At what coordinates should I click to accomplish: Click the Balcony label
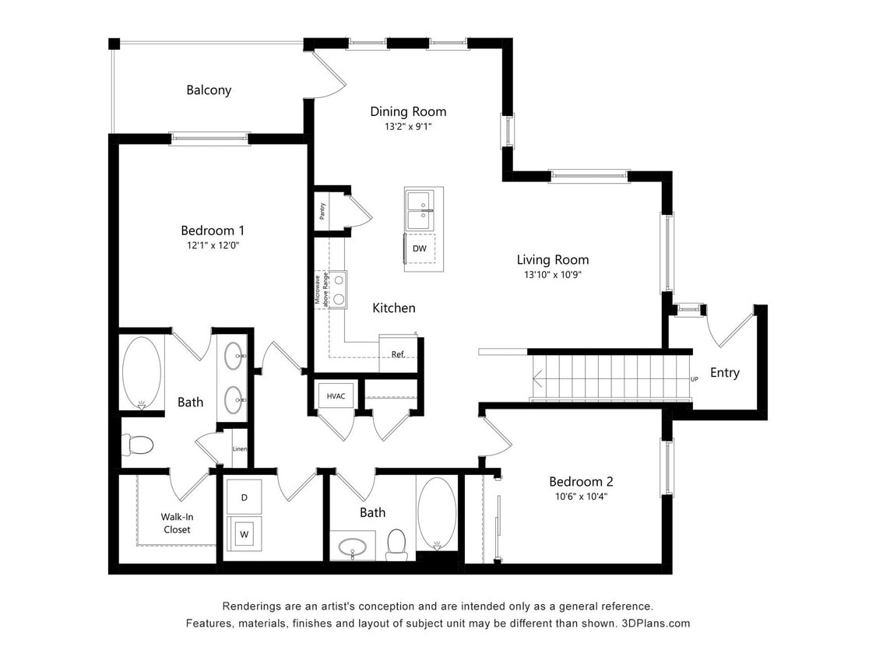point(209,90)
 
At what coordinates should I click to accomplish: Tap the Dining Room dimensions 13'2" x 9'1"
point(407,126)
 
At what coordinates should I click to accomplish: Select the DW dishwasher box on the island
point(420,248)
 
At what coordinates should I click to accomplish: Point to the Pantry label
point(322,211)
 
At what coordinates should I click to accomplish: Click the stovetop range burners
point(339,290)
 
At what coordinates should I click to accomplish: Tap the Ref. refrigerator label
point(398,354)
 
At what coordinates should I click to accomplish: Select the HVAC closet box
point(336,396)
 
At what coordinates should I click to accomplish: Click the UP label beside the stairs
point(694,379)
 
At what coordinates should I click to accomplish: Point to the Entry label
point(724,373)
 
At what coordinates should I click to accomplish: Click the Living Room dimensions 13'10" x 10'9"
point(553,275)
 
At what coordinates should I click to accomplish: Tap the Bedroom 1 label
point(213,230)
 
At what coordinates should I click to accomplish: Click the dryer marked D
point(244,497)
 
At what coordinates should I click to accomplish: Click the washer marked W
point(244,535)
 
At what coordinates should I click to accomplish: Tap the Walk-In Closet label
point(176,523)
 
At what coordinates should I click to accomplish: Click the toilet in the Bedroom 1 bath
point(139,444)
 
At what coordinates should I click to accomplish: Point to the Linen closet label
point(239,449)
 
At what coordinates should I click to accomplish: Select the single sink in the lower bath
point(353,545)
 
